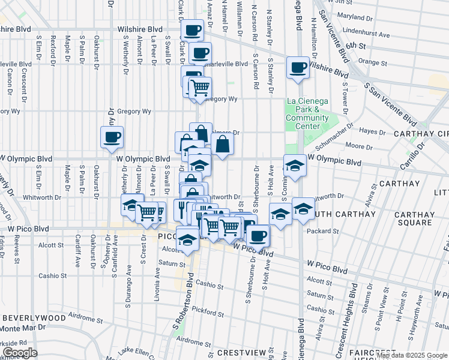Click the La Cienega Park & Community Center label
point(307,109)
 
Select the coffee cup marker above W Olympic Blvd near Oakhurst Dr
point(112,137)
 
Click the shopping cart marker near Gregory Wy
point(200,88)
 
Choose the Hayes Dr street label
point(372,131)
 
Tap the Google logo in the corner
point(20,353)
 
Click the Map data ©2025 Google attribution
point(412,355)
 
